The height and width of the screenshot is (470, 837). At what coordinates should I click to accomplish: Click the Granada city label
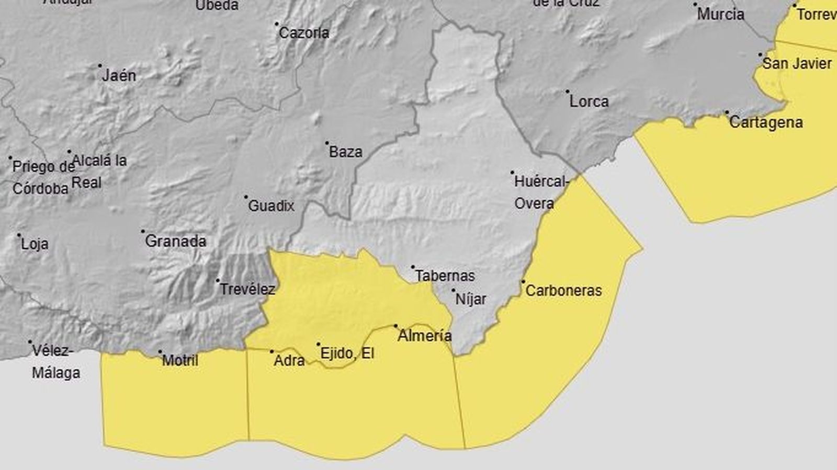coord(176,241)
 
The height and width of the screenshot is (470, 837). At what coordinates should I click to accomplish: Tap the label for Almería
coord(424,336)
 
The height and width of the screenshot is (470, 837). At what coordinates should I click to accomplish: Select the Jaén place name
coord(119,76)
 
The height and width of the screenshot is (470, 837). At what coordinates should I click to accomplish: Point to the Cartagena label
coord(766,122)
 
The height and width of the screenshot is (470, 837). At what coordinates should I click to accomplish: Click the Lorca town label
coord(589,101)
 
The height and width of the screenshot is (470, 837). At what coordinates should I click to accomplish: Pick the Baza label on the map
coord(346,152)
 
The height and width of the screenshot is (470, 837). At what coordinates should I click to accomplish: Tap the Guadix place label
coord(271,206)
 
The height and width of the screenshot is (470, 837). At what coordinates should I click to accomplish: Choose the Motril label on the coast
coord(180,360)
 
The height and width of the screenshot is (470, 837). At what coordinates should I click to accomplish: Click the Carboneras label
coord(563,291)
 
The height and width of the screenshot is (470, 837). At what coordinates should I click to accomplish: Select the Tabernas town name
coord(445,276)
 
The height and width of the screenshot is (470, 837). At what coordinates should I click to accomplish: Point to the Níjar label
coord(471,299)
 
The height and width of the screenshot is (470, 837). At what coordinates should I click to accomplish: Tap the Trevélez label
coord(247,289)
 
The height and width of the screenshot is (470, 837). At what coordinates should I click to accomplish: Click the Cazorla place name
coord(304,33)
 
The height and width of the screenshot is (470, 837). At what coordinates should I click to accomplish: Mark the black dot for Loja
coord(19,235)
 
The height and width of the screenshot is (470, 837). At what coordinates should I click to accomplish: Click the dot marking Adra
coord(272,352)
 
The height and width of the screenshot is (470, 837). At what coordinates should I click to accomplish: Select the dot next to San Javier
coord(761,54)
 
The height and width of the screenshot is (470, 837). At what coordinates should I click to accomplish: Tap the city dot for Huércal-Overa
coord(512,173)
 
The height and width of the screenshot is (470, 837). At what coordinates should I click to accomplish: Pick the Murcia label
coord(720,14)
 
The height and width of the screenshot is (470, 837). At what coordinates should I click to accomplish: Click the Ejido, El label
coord(347,353)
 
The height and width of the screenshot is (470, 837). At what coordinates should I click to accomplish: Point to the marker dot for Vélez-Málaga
coord(30,342)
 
